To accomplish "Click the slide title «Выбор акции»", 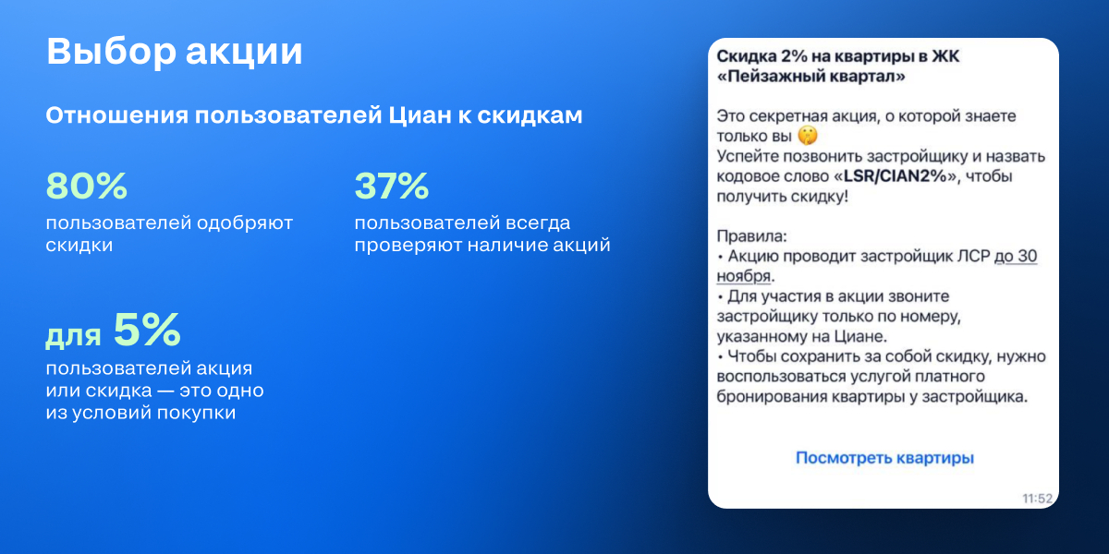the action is pos(175,52).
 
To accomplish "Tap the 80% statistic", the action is pos(87,186).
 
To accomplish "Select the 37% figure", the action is pos(392,186).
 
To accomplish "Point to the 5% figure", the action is pos(147,329).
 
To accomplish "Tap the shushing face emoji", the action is pos(808,136).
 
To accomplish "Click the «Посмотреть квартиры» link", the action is pos(884,458).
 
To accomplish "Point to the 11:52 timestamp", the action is pos(1037,498).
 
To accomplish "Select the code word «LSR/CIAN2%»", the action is pos(896,176).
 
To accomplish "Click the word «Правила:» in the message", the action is pos(751,236).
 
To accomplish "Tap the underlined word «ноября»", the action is pos(744,276).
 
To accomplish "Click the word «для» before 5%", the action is pos(73,336).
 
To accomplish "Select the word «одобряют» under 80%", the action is pos(245,223).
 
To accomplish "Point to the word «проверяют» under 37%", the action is pos(408,246).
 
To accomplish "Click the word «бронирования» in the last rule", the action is pos(772,397).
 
